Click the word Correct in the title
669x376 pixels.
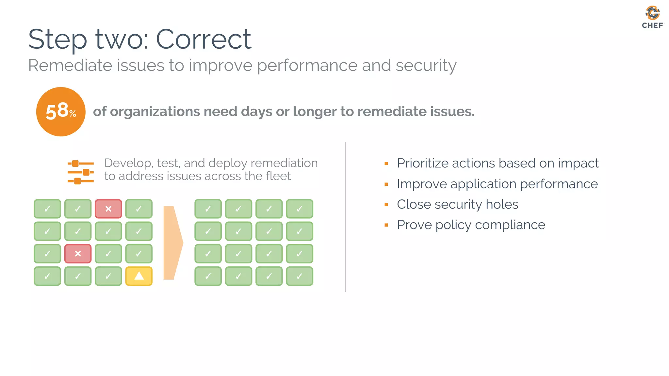[203, 39]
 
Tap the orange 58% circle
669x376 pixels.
[61, 112]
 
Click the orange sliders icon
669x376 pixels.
[81, 172]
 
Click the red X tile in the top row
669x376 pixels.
[108, 209]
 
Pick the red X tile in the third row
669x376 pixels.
[78, 254]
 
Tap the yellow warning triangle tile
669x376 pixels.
[139, 276]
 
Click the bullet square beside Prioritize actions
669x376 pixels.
[386, 164]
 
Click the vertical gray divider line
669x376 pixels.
[346, 217]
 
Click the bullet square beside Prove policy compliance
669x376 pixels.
[386, 225]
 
